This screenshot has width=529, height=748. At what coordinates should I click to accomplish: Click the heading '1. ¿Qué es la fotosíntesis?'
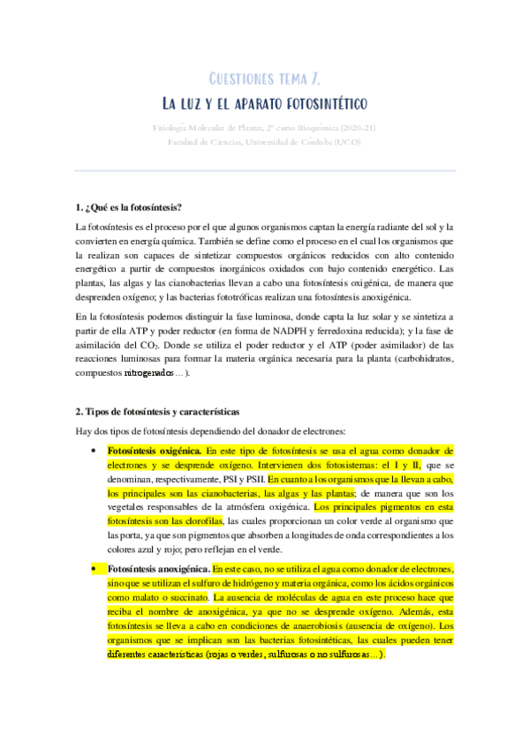[x=129, y=207]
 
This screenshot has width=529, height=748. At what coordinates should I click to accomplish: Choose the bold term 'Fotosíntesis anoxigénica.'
[x=160, y=571]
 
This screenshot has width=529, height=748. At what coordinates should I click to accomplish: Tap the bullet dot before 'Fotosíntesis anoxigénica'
[x=94, y=571]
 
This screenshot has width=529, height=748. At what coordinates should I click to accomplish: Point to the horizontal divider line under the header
[x=264, y=170]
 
